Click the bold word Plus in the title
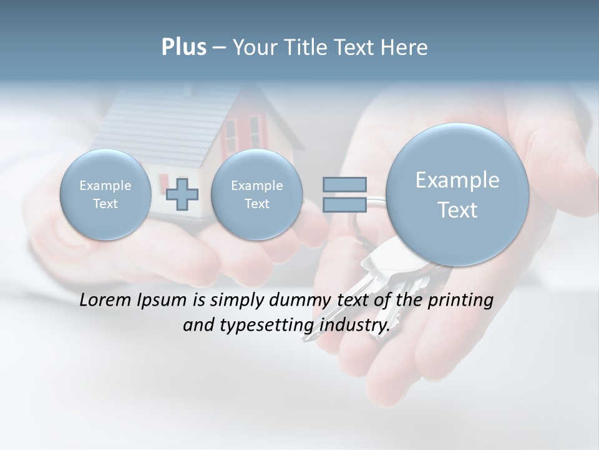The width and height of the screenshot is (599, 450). point(183,47)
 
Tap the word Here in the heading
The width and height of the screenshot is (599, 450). point(404,47)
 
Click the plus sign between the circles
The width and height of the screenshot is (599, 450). point(182,194)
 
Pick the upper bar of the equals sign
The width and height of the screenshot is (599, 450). point(344,184)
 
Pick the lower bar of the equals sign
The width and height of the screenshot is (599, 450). point(344,205)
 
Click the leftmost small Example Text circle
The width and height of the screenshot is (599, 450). point(105,194)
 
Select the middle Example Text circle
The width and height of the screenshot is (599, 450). point(256,194)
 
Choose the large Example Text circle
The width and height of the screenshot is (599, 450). point(457,194)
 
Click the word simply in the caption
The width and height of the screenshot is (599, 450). point(236,301)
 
